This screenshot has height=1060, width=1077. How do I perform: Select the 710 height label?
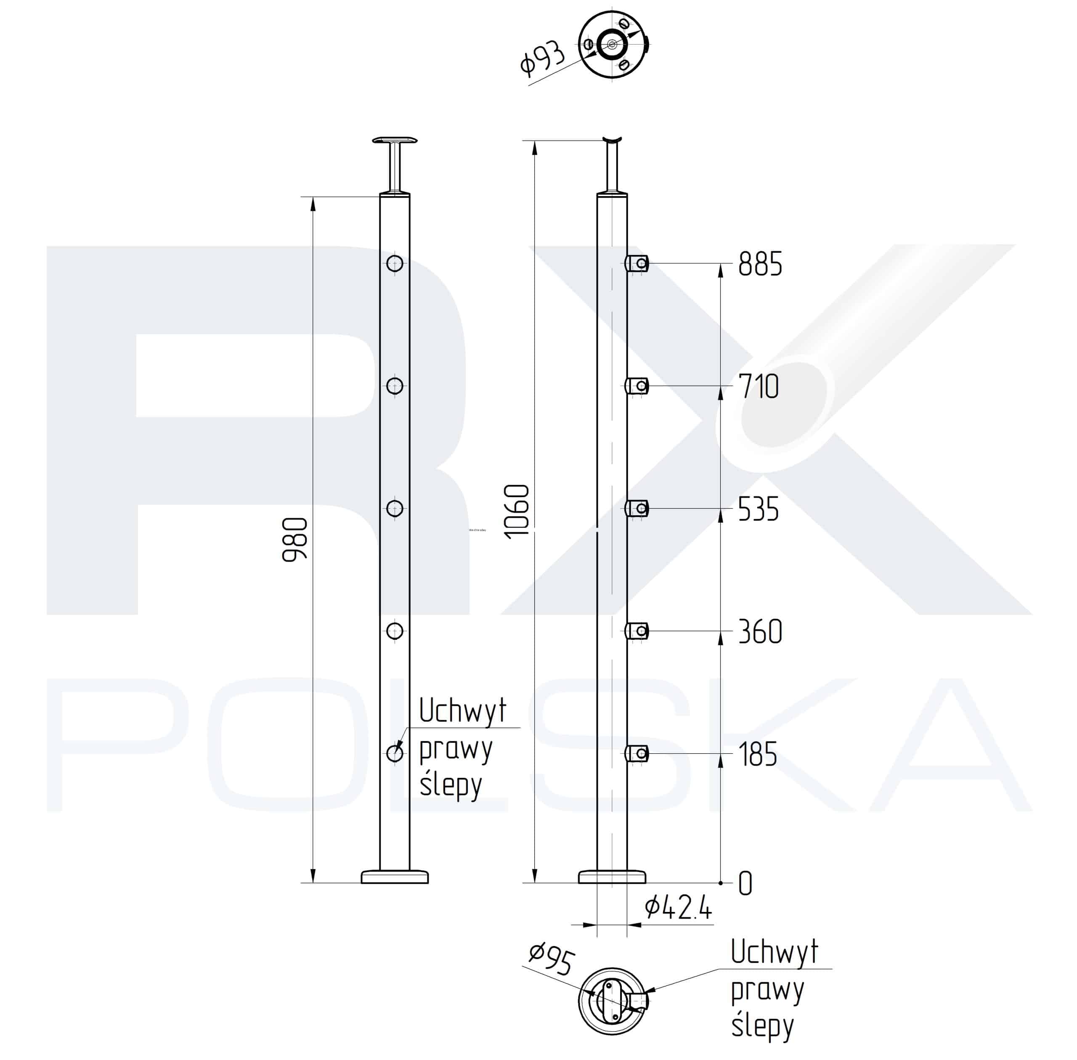[758, 387]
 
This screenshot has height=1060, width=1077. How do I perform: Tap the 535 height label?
[758, 509]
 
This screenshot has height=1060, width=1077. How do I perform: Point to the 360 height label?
[760, 631]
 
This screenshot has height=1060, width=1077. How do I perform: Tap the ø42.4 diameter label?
[678, 909]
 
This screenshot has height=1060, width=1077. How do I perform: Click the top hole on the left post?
[394, 263]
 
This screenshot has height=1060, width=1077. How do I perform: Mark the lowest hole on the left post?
[394, 753]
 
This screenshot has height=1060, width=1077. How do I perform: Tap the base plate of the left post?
[394, 877]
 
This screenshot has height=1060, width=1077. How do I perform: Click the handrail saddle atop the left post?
[394, 140]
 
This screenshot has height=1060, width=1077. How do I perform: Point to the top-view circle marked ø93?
[612, 44]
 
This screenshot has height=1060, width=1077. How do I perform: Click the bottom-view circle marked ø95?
[612, 1000]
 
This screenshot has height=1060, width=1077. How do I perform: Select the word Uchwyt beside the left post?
[462, 711]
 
